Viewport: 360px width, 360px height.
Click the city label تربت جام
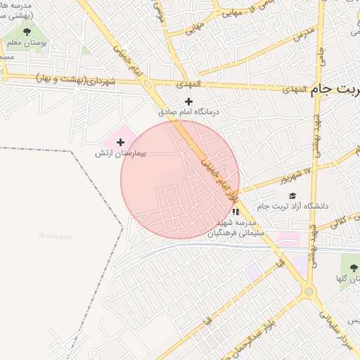pyautogui.click(x=335, y=91)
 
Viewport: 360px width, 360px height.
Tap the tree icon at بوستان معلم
pyautogui.click(x=27, y=32)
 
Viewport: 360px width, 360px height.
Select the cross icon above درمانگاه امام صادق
pyautogui.click(x=188, y=101)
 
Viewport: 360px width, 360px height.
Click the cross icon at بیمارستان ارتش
pyautogui.click(x=120, y=142)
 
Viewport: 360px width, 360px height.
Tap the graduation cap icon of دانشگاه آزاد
pyautogui.click(x=292, y=195)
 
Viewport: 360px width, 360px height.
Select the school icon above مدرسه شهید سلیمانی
pyautogui.click(x=235, y=210)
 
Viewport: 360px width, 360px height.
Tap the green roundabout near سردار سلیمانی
pyautogui.click(x=308, y=290)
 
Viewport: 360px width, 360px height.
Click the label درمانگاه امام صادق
pyautogui.click(x=188, y=111)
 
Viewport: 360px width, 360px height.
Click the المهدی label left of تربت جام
pyautogui.click(x=297, y=90)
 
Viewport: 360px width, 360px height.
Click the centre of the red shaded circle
pyautogui.click(x=180, y=180)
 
